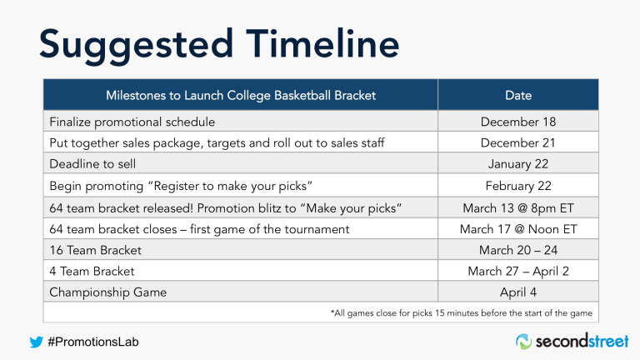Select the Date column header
point(517,95)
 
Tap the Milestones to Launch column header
point(241,95)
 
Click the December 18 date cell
point(517,122)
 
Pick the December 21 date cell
point(517,143)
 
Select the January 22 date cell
point(517,164)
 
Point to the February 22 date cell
point(517,186)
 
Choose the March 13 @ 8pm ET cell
point(517,207)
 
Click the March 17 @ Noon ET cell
point(517,228)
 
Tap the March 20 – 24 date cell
point(517,250)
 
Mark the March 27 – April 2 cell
point(517,271)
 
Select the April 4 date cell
point(517,292)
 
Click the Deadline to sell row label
point(92,164)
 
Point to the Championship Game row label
point(107,292)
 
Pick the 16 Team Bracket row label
point(95,250)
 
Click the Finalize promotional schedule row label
point(132,122)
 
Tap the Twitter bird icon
point(36,341)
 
